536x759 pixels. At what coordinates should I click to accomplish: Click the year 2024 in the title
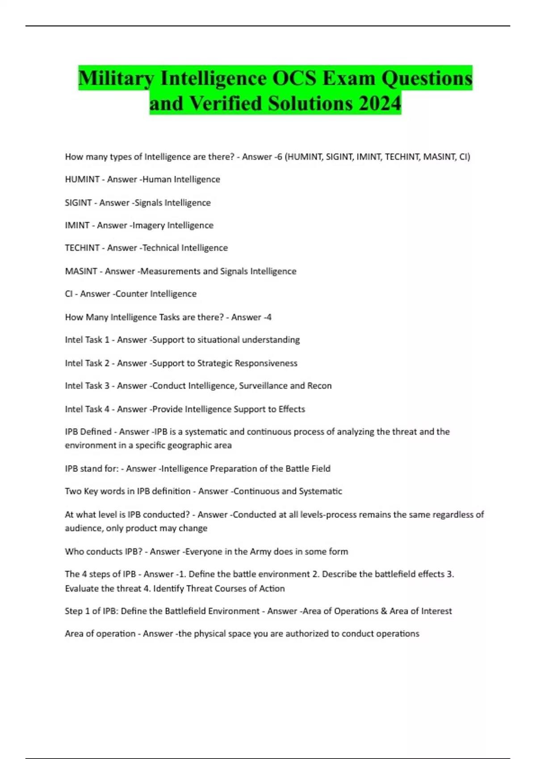379,104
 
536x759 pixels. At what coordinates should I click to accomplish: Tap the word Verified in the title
226,104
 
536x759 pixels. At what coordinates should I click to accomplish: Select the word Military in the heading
116,78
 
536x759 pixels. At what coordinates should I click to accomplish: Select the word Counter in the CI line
131,294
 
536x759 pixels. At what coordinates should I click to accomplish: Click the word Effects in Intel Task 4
292,409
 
